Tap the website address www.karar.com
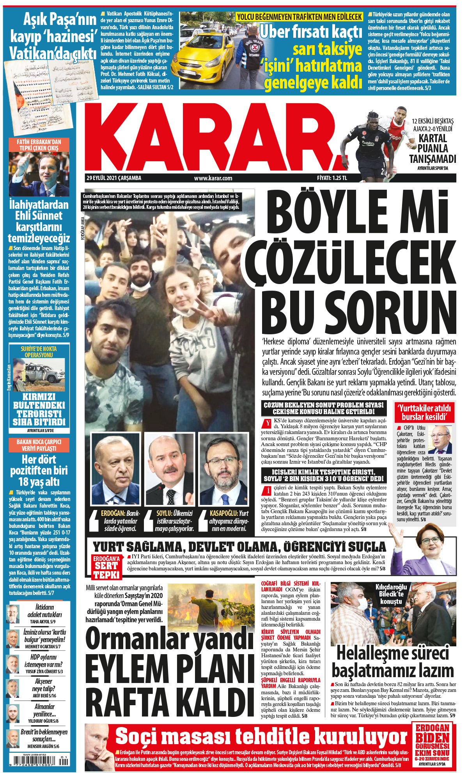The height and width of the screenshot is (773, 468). pyautogui.click(x=213, y=178)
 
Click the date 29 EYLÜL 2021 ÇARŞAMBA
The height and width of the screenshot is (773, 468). pyautogui.click(x=114, y=178)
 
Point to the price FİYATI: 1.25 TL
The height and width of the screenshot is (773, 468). pyautogui.click(x=332, y=178)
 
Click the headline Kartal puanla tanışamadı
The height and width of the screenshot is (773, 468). pyautogui.click(x=432, y=148)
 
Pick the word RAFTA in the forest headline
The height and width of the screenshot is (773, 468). pyautogui.click(x=125, y=702)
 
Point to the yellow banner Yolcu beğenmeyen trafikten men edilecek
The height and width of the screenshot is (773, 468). pyautogui.click(x=299, y=17)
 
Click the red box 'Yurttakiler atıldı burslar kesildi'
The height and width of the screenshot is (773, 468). pyautogui.click(x=424, y=412)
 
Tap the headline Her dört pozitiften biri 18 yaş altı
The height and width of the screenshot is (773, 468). pyautogui.click(x=39, y=470)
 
